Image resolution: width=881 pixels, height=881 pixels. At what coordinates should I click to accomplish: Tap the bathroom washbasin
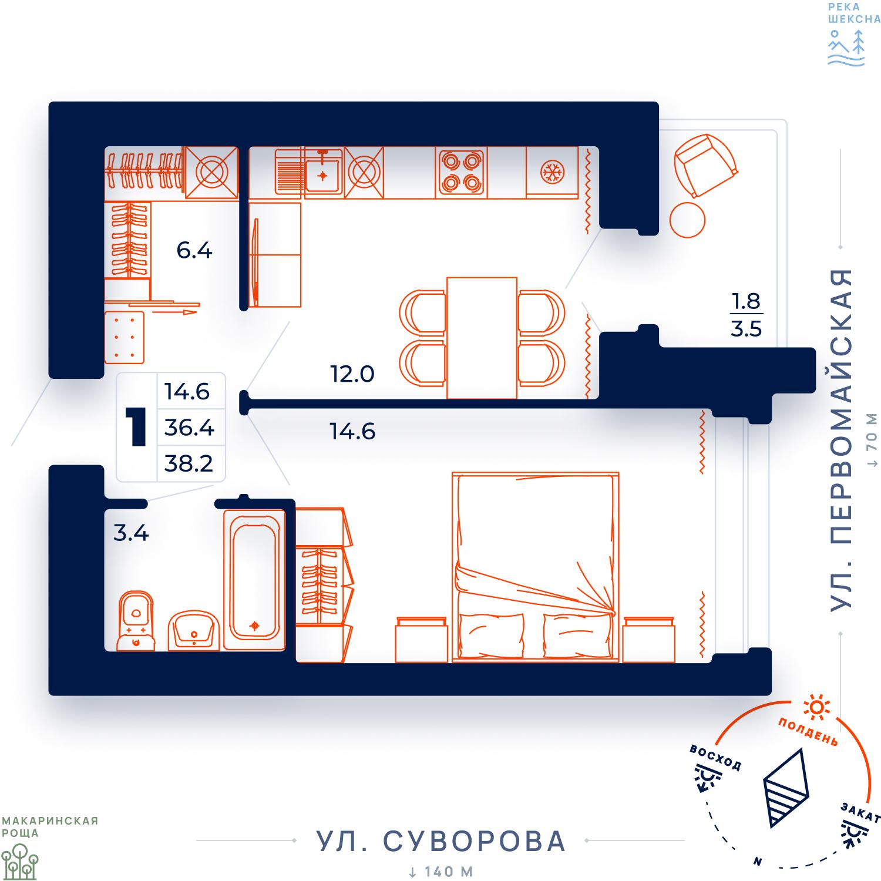[x=194, y=630]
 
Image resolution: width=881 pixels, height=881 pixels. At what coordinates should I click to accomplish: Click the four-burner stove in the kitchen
[x=461, y=172]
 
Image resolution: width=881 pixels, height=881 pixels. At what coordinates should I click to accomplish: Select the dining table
[x=482, y=338]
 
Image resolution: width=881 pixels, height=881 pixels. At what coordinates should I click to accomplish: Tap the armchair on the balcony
[x=706, y=165]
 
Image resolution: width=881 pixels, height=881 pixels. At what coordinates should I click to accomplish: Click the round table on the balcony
[x=687, y=220]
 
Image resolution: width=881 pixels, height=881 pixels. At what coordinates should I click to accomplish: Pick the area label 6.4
[x=194, y=251]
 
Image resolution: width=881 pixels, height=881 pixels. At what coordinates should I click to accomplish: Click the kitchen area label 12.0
[x=352, y=374]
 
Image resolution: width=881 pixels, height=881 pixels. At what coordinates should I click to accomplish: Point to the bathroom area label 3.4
[x=131, y=533]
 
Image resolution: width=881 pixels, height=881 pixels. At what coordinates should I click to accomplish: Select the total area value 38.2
[x=189, y=463]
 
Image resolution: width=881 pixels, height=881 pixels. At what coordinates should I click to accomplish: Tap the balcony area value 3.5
[x=747, y=328]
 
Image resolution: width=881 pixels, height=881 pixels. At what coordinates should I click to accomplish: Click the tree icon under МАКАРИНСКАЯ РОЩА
[x=19, y=862]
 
